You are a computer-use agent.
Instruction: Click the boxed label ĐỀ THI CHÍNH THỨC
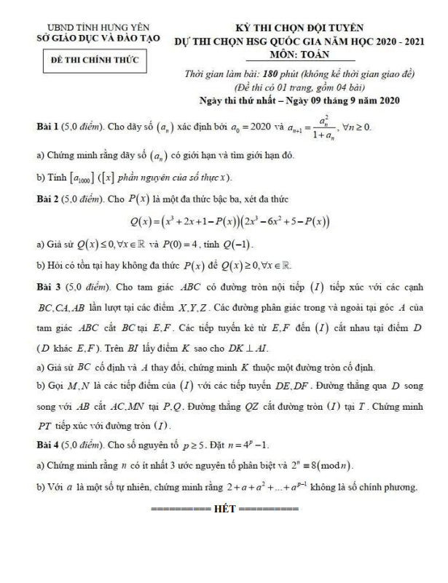pos(92,63)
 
